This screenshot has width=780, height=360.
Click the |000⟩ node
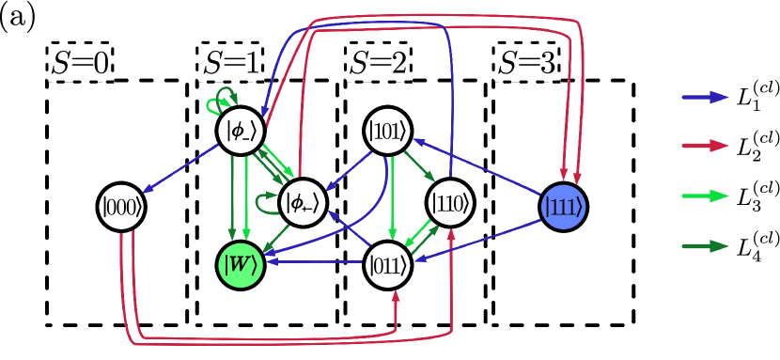click(121, 207)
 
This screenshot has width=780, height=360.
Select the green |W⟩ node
click(241, 265)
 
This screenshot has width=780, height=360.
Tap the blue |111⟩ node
click(564, 207)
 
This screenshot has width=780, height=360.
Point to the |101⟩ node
click(389, 132)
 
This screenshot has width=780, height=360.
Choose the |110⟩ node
click(450, 202)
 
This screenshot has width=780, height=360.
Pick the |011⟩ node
click(389, 264)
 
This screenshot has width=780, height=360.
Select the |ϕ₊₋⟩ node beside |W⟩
click(303, 201)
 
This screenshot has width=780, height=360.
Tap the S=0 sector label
click(80, 64)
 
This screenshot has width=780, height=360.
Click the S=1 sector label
click(230, 64)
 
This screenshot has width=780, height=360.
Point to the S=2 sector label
click(379, 64)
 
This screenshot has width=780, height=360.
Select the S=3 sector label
click(527, 64)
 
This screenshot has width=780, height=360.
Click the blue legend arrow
click(705, 97)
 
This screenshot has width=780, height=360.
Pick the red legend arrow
click(705, 146)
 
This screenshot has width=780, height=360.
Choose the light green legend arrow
click(705, 196)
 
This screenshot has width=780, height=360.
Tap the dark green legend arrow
click(705, 246)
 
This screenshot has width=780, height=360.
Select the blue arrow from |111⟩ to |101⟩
click(479, 169)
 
